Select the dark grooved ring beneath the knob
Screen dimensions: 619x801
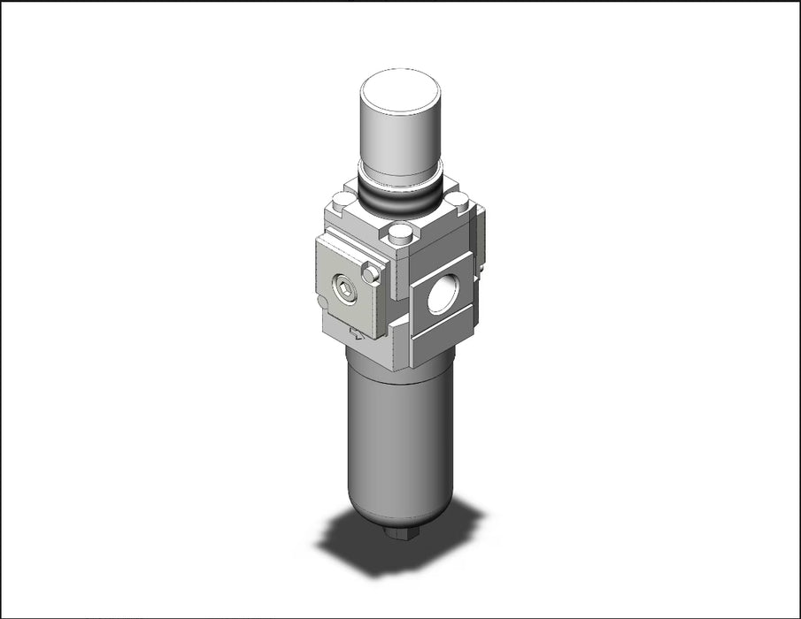[x=400, y=202]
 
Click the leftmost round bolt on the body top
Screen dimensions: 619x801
[x=342, y=201]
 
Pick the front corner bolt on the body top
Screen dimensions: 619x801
[x=400, y=234]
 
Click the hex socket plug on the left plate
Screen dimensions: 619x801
[x=344, y=288]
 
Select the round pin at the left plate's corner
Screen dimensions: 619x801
[x=372, y=274]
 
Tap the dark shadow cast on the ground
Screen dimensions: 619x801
[x=354, y=544]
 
